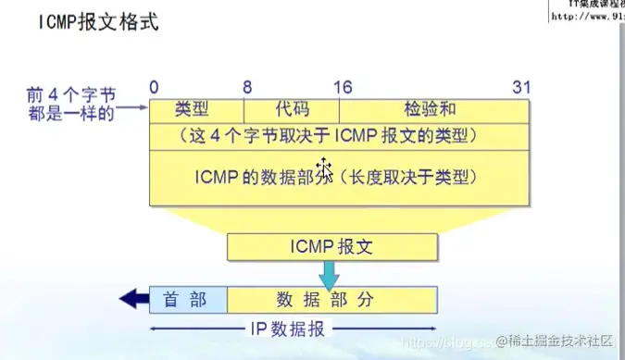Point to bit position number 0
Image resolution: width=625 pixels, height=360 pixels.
(154, 87)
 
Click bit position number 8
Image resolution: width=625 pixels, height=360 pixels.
(247, 87)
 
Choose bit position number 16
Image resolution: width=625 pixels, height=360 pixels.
(343, 87)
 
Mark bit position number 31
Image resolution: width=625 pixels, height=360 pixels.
(520, 87)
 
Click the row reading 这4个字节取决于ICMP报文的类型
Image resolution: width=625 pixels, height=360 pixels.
(340, 136)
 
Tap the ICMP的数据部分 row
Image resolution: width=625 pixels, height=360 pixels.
(340, 176)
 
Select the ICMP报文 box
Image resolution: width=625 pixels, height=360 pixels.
(331, 247)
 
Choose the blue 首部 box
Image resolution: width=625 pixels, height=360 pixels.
(188, 299)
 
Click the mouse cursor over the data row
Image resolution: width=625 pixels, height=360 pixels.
(324, 169)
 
